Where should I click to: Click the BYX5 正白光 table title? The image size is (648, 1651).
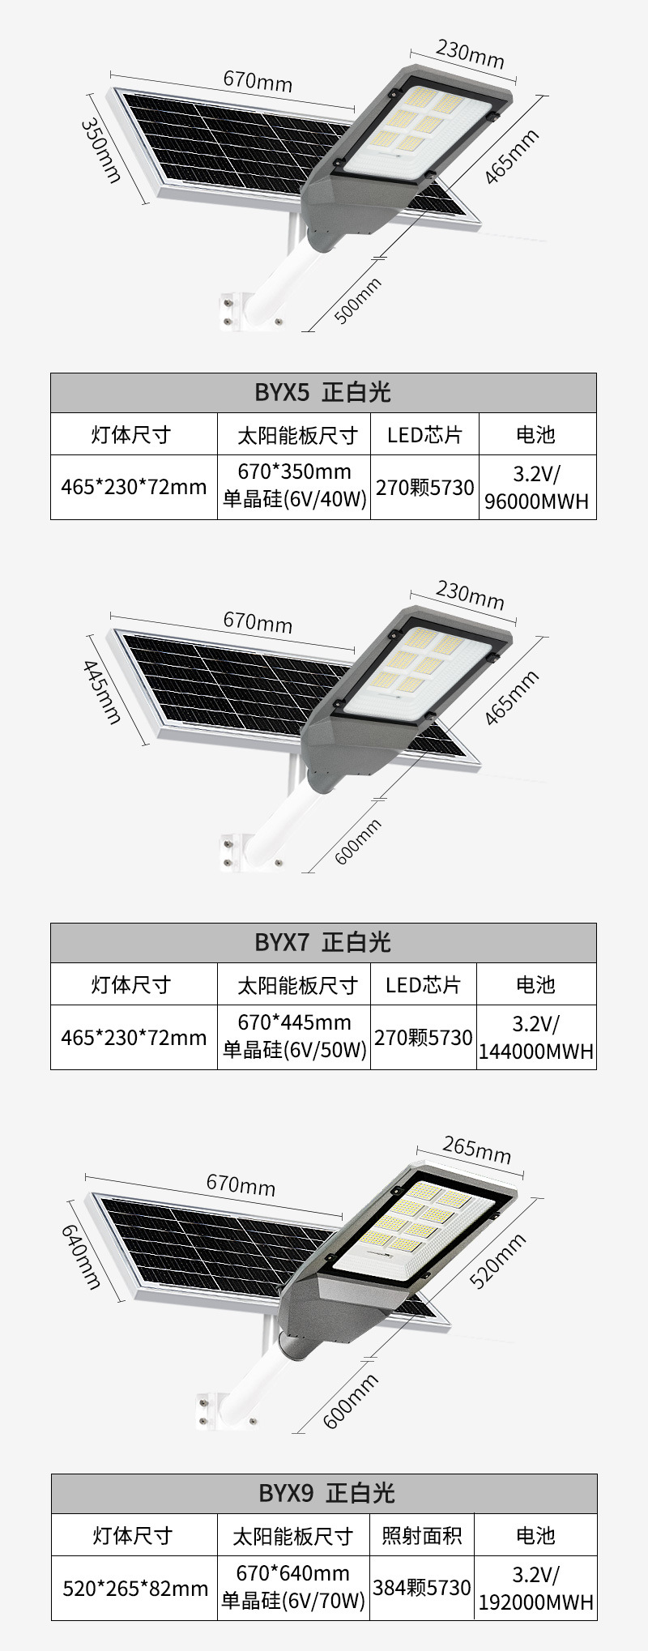tap(323, 393)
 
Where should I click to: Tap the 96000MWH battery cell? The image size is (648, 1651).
tap(536, 487)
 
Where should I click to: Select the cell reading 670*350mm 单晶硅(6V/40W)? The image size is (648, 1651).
tap(294, 486)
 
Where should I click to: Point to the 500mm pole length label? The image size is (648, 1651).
tap(357, 301)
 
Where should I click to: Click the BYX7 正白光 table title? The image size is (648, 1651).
tap(323, 942)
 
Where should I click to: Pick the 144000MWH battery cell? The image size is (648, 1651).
tap(536, 1038)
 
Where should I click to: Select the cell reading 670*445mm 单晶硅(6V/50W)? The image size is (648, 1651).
tap(294, 1037)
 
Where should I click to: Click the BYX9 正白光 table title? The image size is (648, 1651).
tap(323, 1493)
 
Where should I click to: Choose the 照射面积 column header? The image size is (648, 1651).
tap(421, 1535)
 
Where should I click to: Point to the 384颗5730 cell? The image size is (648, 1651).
tap(421, 1588)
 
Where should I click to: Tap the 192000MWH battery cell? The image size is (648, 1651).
tap(536, 1588)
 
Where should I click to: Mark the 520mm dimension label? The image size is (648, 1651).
tap(497, 1261)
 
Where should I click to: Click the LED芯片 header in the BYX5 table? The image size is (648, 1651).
tap(424, 435)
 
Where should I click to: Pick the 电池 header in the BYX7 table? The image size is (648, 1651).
tap(535, 984)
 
